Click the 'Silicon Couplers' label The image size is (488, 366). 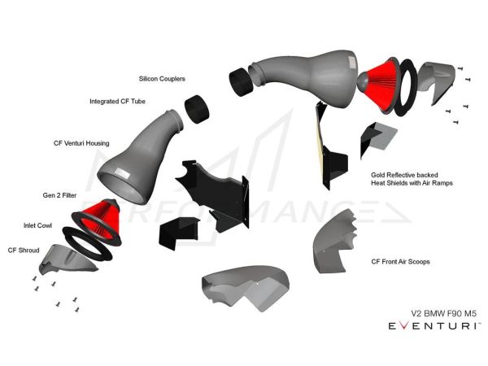tap(163, 79)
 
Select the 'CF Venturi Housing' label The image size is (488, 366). tap(81, 143)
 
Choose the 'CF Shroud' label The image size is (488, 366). tap(23, 250)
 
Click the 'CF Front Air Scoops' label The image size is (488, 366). tap(400, 262)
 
